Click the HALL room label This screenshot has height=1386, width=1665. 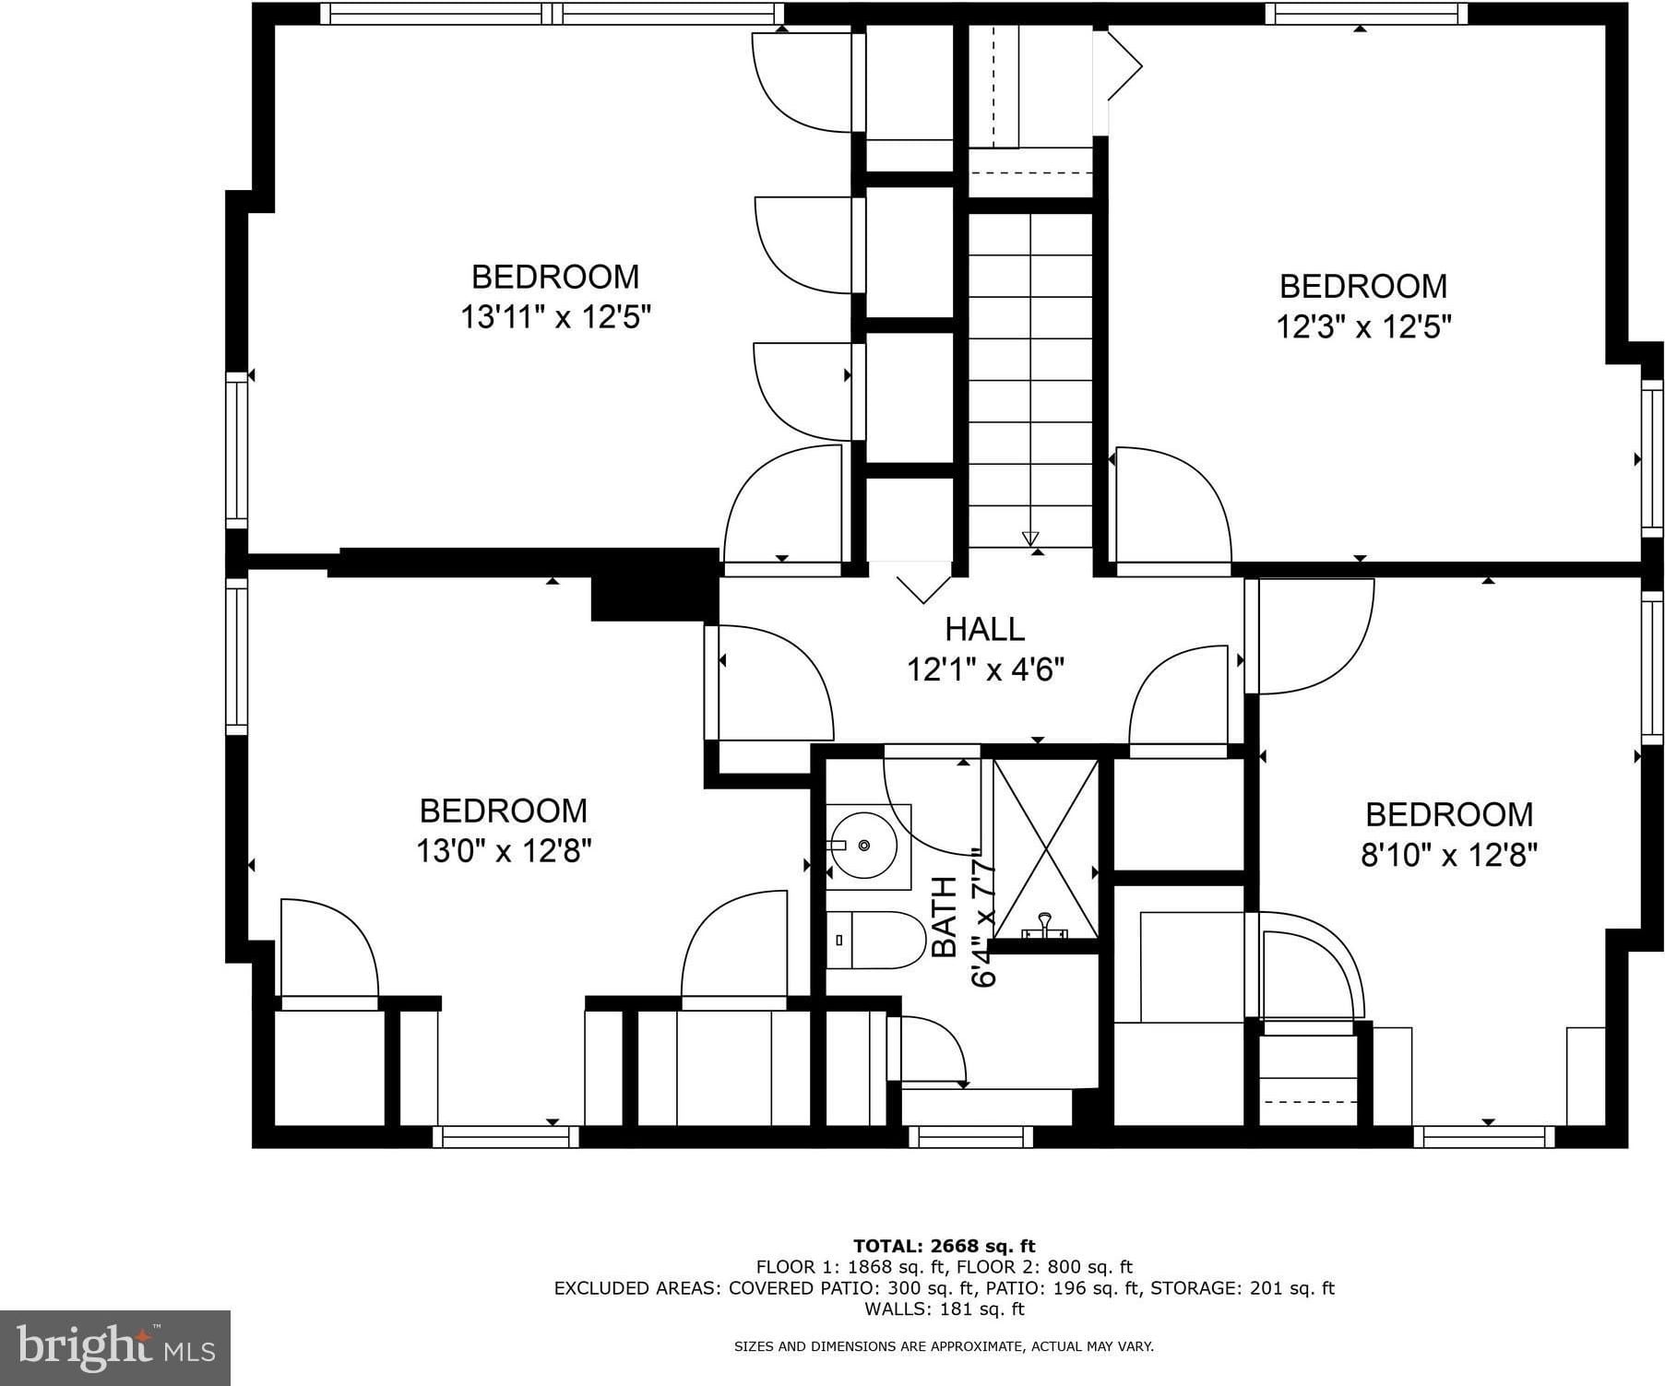984,629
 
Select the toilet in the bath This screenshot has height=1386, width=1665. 875,941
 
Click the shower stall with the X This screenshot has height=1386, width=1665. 1045,849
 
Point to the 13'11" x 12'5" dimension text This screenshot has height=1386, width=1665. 556,317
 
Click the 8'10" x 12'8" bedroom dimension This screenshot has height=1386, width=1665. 1449,856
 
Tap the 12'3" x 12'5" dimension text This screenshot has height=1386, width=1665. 1363,326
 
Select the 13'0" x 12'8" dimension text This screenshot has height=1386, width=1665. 504,850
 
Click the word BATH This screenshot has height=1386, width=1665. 945,917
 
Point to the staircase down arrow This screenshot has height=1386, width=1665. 1030,538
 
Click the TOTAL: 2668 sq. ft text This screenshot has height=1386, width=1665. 945,1247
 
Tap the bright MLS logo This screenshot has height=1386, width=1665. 116,1347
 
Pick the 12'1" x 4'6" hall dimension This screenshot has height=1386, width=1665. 985,669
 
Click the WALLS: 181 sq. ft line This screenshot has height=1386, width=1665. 945,1308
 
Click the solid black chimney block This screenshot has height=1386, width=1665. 654,585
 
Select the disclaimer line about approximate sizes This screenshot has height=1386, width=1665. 944,1346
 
